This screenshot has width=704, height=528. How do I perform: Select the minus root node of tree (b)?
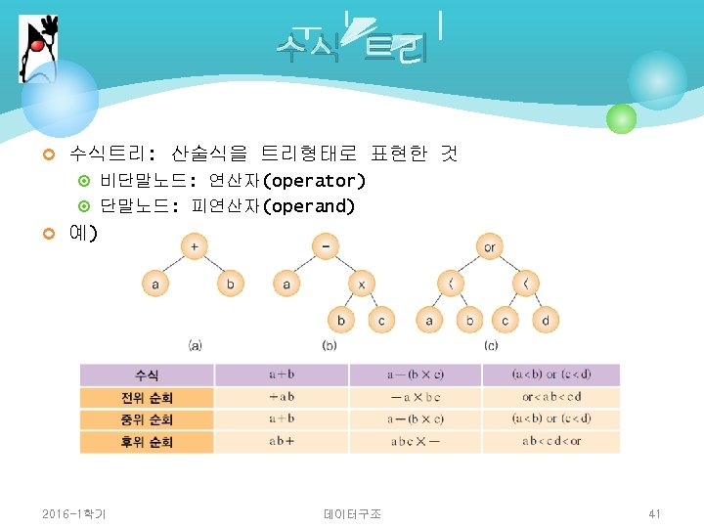[x=325, y=246]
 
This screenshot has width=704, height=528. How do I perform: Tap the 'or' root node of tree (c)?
[x=489, y=246]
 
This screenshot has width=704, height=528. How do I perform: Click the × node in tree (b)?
[x=361, y=285]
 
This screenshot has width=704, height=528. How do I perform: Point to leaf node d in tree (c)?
[x=545, y=320]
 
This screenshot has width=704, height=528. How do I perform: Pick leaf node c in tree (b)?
[x=380, y=320]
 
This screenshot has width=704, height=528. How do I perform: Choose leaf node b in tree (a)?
[x=230, y=285]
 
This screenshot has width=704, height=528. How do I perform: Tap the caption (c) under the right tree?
[x=491, y=345]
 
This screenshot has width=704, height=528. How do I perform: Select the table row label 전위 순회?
[x=147, y=397]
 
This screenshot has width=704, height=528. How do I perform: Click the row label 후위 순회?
[x=147, y=442]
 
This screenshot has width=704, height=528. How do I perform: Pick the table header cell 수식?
[x=147, y=374]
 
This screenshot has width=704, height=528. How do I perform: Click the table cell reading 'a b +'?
[x=282, y=442]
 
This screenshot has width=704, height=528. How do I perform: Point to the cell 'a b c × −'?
[x=415, y=442]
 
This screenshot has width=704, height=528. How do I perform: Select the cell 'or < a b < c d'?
[x=550, y=397]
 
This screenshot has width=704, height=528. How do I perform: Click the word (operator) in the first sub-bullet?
[x=316, y=181]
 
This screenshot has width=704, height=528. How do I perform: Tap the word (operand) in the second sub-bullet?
[x=310, y=206]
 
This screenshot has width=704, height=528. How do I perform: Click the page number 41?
[x=655, y=513]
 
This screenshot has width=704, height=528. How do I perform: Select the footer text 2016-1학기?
[x=74, y=513]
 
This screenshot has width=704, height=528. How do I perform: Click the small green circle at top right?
[x=621, y=119]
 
